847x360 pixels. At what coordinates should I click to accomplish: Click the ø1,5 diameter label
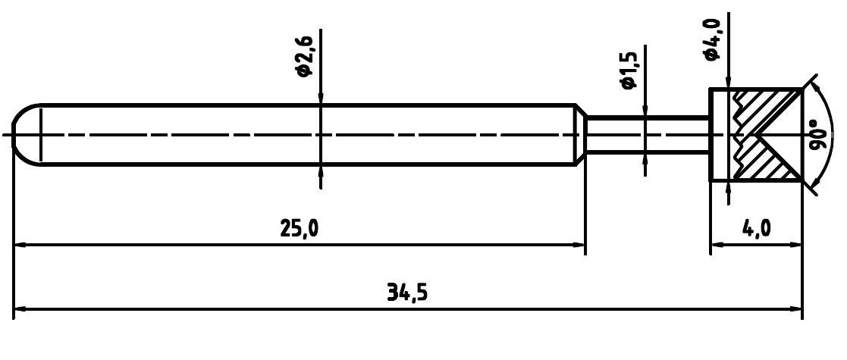click(x=629, y=67)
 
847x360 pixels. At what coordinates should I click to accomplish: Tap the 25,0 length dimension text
click(x=300, y=228)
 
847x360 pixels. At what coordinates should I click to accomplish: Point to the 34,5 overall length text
click(x=408, y=292)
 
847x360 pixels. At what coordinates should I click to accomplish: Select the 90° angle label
click(x=818, y=135)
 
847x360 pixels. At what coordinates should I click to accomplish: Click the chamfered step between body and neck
click(x=580, y=134)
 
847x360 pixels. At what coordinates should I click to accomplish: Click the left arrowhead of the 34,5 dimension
click(x=21, y=309)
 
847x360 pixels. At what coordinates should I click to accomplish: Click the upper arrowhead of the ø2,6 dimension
click(x=322, y=97)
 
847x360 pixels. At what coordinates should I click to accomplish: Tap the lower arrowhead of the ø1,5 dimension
click(x=645, y=158)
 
